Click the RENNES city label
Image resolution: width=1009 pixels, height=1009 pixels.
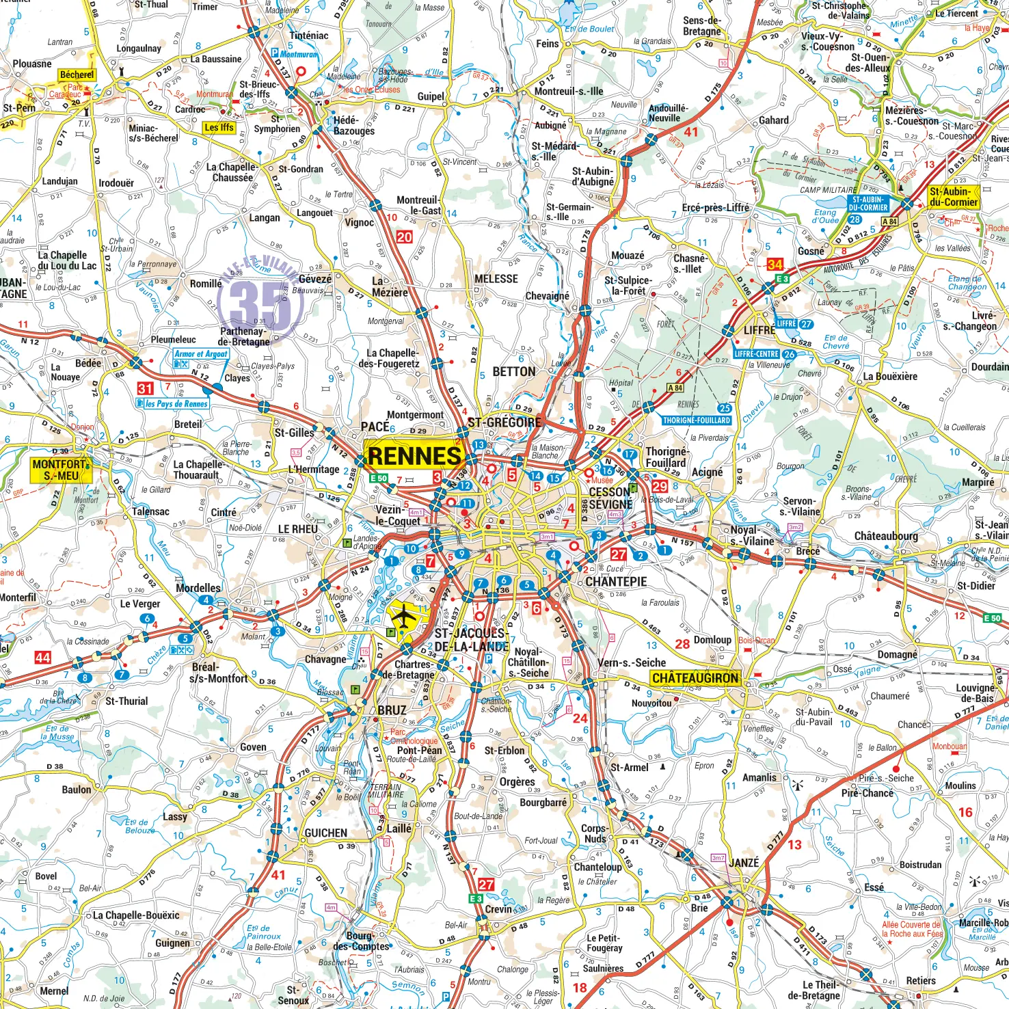coord(414,456)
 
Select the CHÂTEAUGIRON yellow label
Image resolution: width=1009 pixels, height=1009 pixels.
coord(695,678)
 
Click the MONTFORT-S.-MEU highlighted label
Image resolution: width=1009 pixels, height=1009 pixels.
coord(60,470)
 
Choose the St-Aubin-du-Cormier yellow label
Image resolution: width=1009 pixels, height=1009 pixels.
coord(954,197)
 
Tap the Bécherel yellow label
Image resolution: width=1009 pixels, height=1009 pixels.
coord(77,75)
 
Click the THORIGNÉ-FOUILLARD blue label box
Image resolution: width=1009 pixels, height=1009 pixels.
coord(696,420)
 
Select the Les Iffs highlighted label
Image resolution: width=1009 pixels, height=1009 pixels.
coord(219,127)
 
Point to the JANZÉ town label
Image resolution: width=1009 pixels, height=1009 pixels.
coord(744,863)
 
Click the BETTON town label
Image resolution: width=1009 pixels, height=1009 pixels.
coord(514,371)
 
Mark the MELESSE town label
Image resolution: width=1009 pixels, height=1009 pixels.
coord(496,279)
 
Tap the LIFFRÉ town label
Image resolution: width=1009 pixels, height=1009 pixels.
coord(759,330)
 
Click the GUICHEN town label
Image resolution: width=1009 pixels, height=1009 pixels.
coord(325,833)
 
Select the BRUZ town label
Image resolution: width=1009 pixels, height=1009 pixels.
coord(392,710)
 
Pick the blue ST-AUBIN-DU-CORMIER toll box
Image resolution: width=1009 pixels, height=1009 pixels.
coord(867,203)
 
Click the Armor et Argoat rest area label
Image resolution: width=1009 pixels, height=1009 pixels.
coord(201,353)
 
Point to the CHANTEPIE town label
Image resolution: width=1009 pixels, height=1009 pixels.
coord(615,582)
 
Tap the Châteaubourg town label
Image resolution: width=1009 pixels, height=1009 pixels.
coord(886,536)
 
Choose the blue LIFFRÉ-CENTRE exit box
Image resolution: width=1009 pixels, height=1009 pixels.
coord(756,354)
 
